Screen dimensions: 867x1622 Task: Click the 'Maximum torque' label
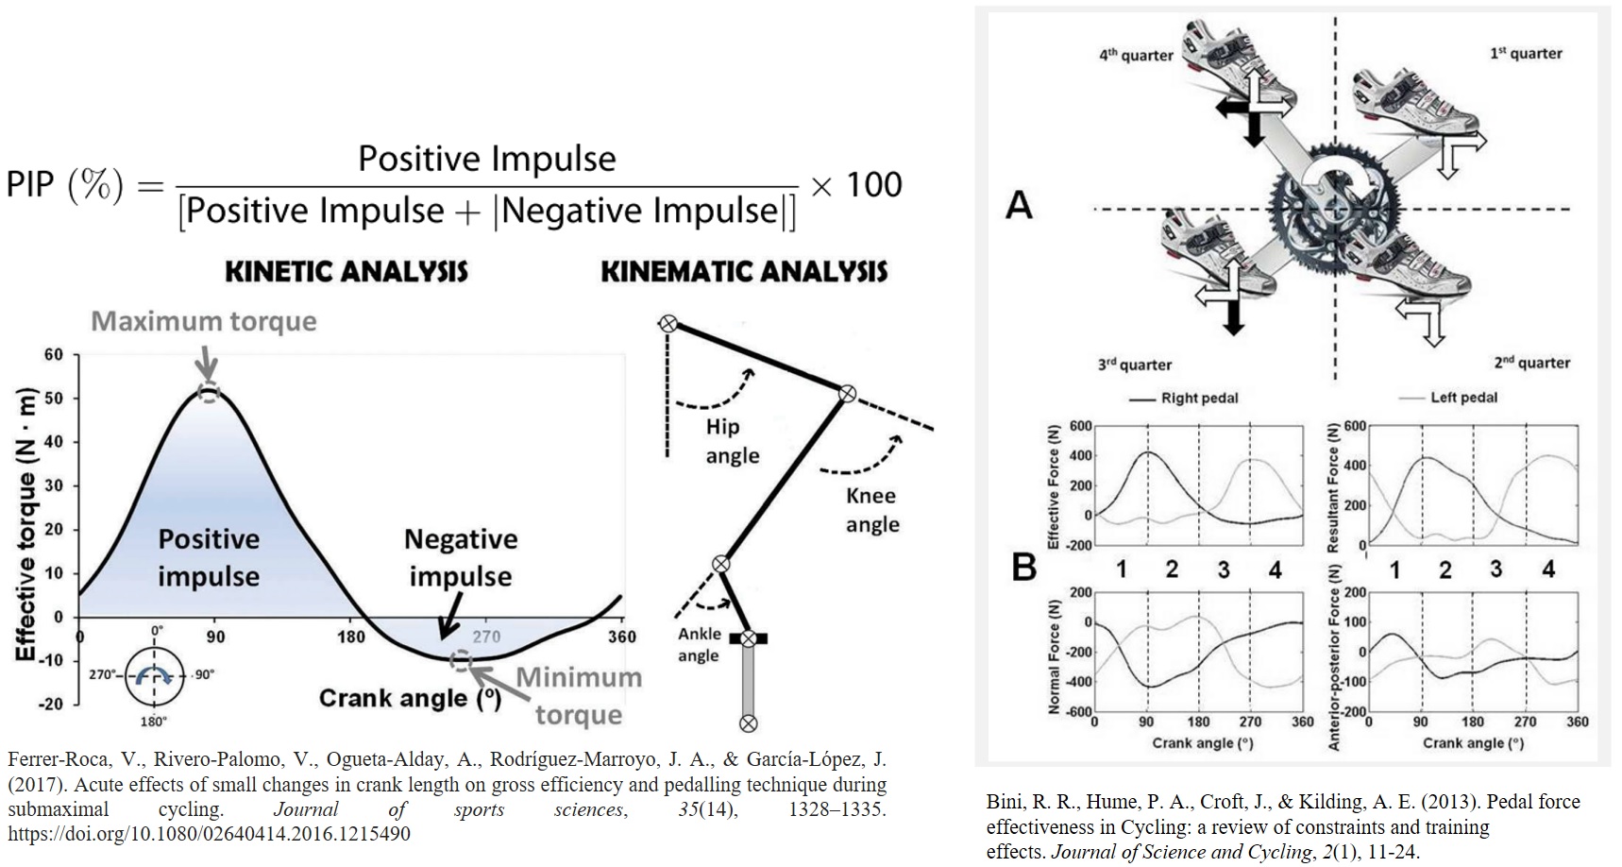[204, 322]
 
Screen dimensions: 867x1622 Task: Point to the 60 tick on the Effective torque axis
[54, 355]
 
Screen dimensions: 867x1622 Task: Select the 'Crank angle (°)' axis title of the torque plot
[410, 699]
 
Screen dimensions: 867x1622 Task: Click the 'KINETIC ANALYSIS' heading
[346, 272]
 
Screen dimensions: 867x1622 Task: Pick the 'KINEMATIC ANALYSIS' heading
[744, 272]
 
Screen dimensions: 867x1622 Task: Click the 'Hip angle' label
[732, 441]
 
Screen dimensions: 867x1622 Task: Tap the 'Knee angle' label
[871, 510]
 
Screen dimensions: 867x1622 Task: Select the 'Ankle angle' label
[699, 644]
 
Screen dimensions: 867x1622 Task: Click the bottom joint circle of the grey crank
[748, 723]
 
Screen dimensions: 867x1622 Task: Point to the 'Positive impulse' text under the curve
[209, 557]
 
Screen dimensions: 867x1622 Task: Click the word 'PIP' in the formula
[31, 184]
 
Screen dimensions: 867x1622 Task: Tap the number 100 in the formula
[874, 184]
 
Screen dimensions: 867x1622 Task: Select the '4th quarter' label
[1136, 55]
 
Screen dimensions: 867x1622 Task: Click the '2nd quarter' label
[1531, 363]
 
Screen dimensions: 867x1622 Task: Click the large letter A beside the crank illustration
[1020, 205]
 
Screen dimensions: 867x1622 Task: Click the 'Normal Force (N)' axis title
[1055, 652]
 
